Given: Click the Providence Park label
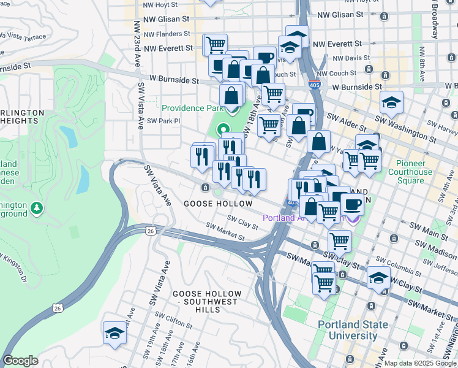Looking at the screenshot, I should pyautogui.click(x=191, y=108).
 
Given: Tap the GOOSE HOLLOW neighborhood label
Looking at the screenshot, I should pyautogui.click(x=218, y=204).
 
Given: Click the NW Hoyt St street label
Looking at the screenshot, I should pyautogui.click(x=160, y=4).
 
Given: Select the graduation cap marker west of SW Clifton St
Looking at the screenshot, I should pyautogui.click(x=114, y=332).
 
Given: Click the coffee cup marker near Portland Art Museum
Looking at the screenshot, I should pyautogui.click(x=352, y=204).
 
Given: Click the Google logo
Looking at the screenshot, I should pyautogui.click(x=20, y=361).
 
